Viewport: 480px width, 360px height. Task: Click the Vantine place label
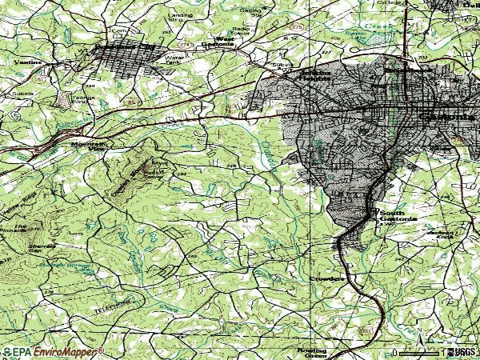click(26, 62)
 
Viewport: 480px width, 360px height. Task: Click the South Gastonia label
click(398, 216)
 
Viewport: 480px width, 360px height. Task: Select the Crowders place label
click(326, 278)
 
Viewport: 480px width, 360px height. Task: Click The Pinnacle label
click(15, 228)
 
